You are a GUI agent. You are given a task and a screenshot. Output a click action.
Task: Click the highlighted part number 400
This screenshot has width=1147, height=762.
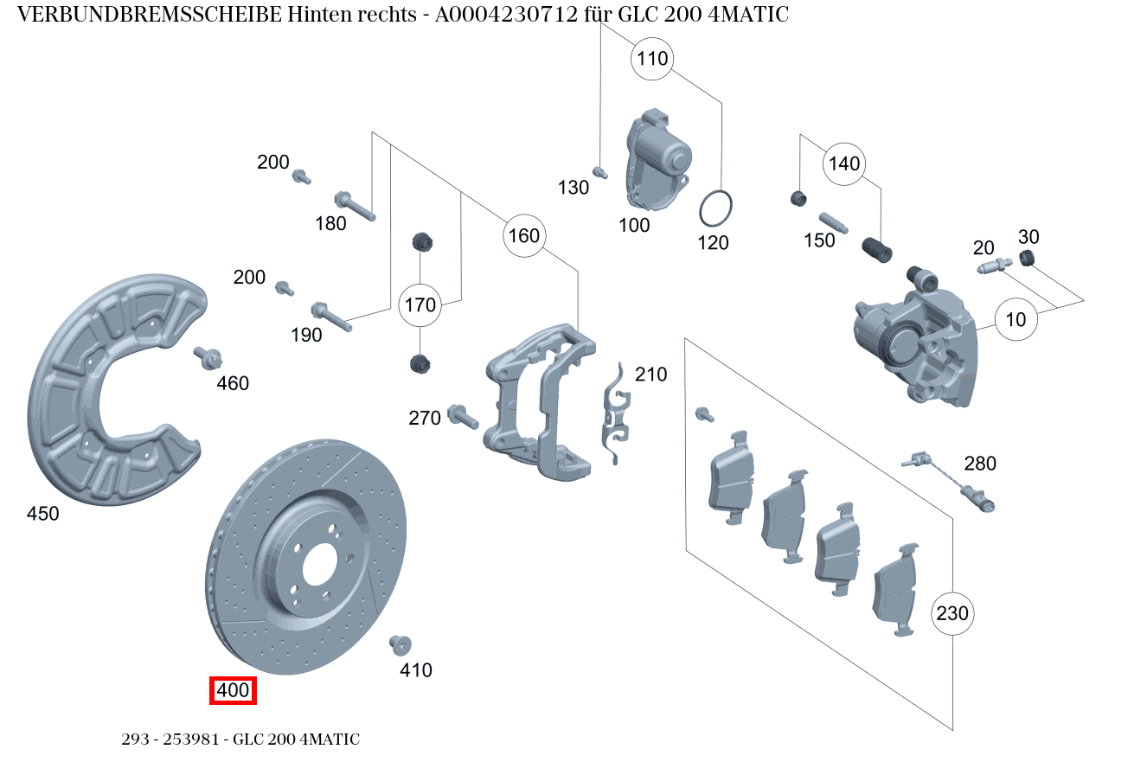click(233, 691)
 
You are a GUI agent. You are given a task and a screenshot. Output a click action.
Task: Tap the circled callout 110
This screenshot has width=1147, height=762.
click(652, 59)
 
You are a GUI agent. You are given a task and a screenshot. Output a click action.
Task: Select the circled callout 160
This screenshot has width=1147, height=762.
click(523, 236)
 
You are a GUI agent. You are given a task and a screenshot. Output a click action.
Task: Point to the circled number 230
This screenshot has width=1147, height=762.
click(952, 613)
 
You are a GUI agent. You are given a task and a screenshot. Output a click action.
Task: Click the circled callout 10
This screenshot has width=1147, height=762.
click(1016, 320)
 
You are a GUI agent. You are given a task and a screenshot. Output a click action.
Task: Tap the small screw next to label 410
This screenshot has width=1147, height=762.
click(400, 644)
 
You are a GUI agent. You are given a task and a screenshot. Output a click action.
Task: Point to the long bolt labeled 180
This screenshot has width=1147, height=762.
click(354, 205)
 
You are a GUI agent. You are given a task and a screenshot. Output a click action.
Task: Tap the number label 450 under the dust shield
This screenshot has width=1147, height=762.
click(43, 514)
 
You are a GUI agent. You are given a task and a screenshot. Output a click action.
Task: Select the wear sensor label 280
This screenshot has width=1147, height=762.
click(980, 464)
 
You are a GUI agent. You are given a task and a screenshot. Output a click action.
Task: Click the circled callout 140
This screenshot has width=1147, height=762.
click(844, 164)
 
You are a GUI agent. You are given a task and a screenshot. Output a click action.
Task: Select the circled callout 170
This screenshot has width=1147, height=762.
click(420, 305)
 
